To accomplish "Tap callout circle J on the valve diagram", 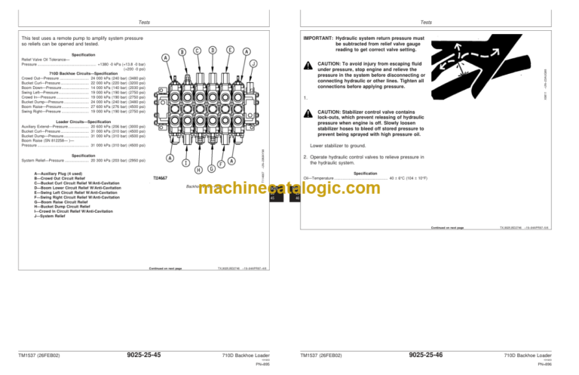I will click(253, 63).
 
